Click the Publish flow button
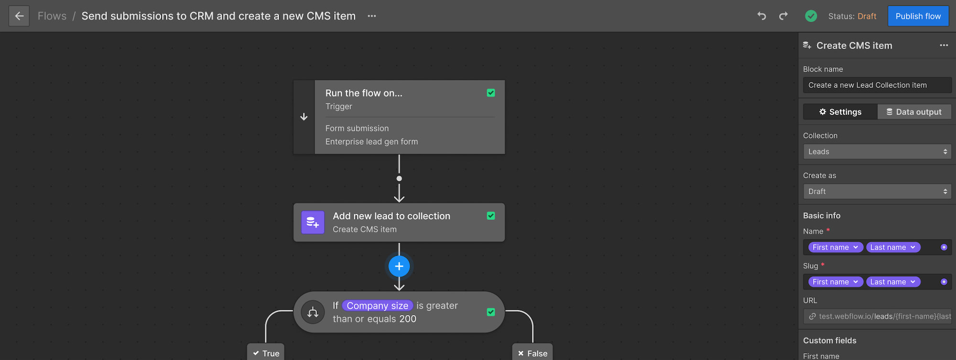pos(918,16)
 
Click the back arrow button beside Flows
pos(19,16)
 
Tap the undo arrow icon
pos(761,16)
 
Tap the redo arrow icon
pos(783,16)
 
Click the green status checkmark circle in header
pos(811,16)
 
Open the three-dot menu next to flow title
pos(371,16)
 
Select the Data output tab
pos(914,112)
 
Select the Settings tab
pos(840,112)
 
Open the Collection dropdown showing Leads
pos(877,152)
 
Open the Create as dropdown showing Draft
pos(877,191)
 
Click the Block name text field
pos(877,85)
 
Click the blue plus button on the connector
pos(399,266)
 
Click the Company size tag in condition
pos(377,305)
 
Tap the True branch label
pos(266,353)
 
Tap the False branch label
pos(532,353)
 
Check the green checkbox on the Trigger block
pos(490,93)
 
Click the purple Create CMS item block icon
pos(313,222)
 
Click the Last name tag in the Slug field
pos(892,282)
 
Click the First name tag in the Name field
pos(835,247)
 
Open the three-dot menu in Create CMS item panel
pos(944,45)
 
